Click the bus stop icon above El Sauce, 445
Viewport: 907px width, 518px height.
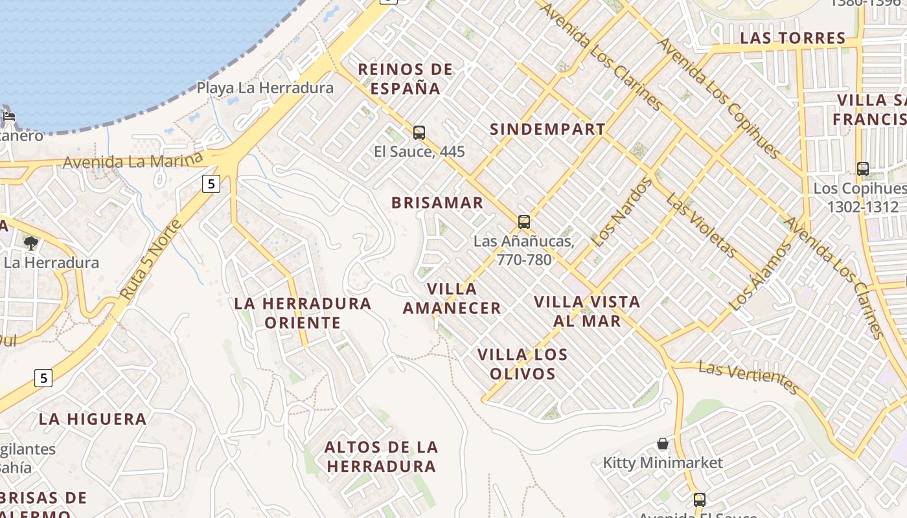tap(419, 133)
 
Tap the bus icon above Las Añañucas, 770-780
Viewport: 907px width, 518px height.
tap(524, 222)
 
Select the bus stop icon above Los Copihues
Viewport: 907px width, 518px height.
tap(863, 169)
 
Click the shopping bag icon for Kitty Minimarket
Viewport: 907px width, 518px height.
tap(663, 444)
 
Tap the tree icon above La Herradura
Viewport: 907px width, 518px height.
tap(30, 243)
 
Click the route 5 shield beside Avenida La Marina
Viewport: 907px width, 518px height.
tap(211, 184)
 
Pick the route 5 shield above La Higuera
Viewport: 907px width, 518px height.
tap(43, 377)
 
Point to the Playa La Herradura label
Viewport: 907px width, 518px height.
tap(265, 88)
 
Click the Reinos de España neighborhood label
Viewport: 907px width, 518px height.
tap(406, 78)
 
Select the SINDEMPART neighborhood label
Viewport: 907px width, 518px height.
tap(547, 129)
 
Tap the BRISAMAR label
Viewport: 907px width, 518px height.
tap(437, 203)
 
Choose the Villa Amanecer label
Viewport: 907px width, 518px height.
tap(452, 298)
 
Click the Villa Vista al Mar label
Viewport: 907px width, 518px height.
tap(587, 311)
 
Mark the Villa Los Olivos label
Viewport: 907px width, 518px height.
tap(523, 364)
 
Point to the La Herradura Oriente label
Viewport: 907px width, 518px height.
tap(303, 313)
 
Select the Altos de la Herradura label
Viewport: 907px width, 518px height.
tap(381, 456)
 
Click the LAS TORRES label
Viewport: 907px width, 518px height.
tap(793, 38)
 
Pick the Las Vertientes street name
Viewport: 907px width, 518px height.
tap(749, 377)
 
